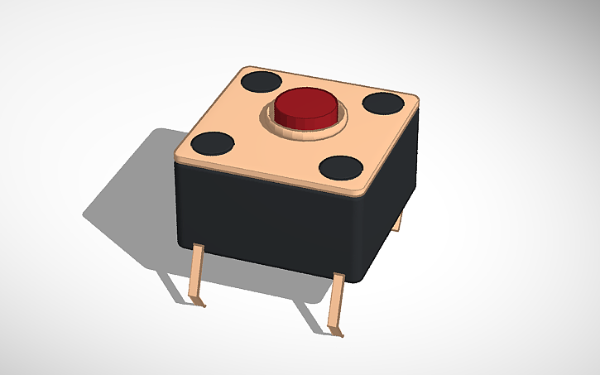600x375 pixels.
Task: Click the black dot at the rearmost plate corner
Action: click(262, 81)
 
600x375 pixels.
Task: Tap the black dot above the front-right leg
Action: click(341, 167)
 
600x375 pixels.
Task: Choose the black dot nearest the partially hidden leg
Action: click(383, 103)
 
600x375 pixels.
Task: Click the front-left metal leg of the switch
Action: click(197, 273)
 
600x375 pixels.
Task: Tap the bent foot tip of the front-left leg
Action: click(200, 304)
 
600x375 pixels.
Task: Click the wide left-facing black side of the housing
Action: click(265, 219)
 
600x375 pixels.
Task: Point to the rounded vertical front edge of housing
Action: click(362, 240)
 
